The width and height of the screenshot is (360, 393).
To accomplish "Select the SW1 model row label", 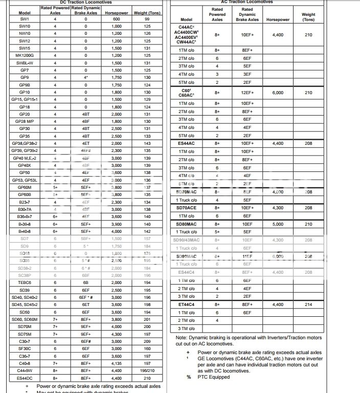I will [x=24, y=18].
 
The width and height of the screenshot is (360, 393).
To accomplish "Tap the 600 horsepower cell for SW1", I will [x=117, y=18].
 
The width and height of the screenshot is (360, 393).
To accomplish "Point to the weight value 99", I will [x=147, y=18].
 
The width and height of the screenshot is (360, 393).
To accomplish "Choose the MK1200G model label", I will [x=25, y=55].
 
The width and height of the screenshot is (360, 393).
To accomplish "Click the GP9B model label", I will [x=24, y=84].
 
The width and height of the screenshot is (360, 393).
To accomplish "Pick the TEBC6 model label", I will [x=25, y=282].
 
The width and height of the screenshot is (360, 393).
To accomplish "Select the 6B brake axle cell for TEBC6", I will [x=85, y=282].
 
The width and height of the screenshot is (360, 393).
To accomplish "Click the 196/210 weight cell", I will [x=147, y=370].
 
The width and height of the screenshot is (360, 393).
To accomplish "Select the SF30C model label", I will [x=25, y=348].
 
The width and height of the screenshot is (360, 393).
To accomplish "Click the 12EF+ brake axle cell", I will [x=247, y=93].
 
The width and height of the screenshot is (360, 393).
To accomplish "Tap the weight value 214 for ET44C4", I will [x=308, y=304].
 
